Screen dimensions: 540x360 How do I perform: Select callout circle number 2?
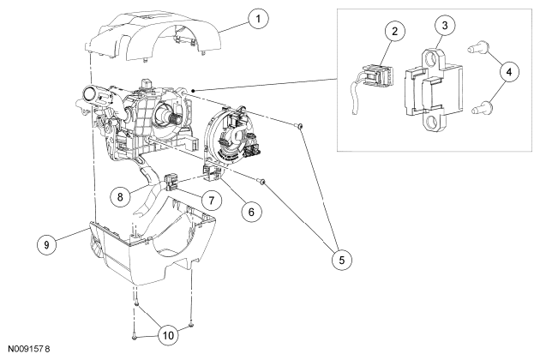[394, 32]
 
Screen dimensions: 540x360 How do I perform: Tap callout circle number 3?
[445, 25]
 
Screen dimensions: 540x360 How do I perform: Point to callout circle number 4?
[509, 72]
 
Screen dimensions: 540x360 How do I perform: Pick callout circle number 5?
[342, 260]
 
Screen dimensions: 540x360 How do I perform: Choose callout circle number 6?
[251, 212]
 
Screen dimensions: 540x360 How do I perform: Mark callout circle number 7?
[211, 200]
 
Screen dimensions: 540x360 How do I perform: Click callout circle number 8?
[120, 196]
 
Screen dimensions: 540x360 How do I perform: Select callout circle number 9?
[46, 244]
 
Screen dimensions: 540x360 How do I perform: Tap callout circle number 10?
[168, 335]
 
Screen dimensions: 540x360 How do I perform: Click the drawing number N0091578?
[29, 349]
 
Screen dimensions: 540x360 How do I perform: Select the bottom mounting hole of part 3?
[432, 122]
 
